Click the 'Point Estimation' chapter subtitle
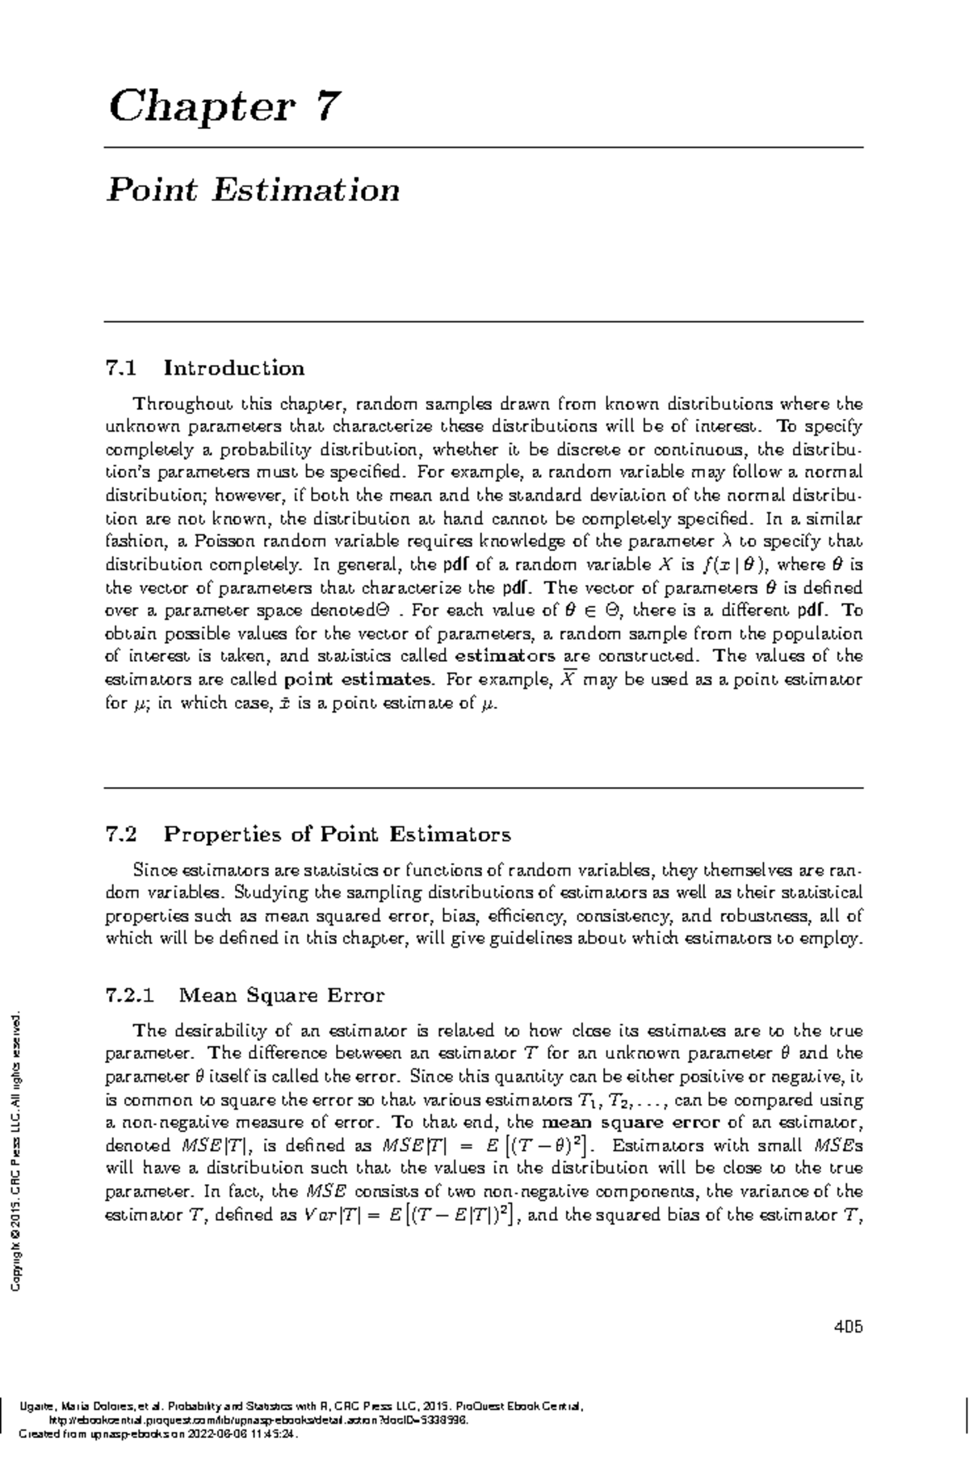point(254,190)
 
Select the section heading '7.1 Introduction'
point(205,369)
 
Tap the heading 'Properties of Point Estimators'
point(337,834)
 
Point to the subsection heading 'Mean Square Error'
point(281,995)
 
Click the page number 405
point(849,1326)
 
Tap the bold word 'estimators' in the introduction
point(505,656)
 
